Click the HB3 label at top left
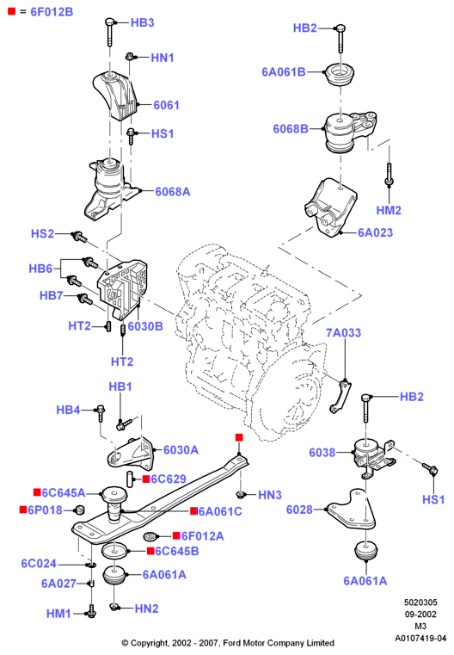[x=142, y=22]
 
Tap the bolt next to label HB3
[x=109, y=32]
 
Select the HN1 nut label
[x=163, y=58]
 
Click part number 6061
[x=166, y=105]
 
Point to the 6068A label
[x=173, y=192]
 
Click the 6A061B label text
[x=284, y=71]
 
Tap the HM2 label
[x=389, y=210]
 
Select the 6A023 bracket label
[x=375, y=232]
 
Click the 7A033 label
[x=343, y=332]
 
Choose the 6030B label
[x=145, y=326]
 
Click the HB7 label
[x=52, y=296]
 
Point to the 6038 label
[x=322, y=453]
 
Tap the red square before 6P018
[x=23, y=510]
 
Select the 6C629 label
[x=169, y=479]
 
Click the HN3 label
[x=270, y=495]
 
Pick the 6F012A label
[x=202, y=536]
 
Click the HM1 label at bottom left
[x=58, y=614]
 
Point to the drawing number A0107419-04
[x=420, y=639]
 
